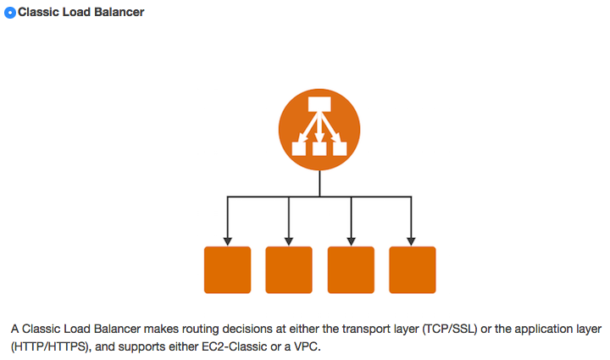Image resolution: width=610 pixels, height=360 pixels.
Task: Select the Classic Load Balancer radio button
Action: (10, 13)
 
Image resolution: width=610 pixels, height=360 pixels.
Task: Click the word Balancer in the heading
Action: (114, 13)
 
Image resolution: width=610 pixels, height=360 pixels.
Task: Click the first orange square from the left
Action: (228, 269)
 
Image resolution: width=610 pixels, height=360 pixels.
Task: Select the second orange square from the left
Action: (289, 269)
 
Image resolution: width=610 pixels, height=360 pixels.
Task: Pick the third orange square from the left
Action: (351, 269)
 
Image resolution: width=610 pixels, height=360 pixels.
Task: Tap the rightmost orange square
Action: (412, 269)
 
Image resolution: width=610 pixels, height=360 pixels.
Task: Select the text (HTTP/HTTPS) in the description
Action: (49, 347)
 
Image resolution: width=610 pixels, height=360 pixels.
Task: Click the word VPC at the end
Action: (309, 347)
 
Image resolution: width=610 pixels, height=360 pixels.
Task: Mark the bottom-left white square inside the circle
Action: (298, 149)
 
